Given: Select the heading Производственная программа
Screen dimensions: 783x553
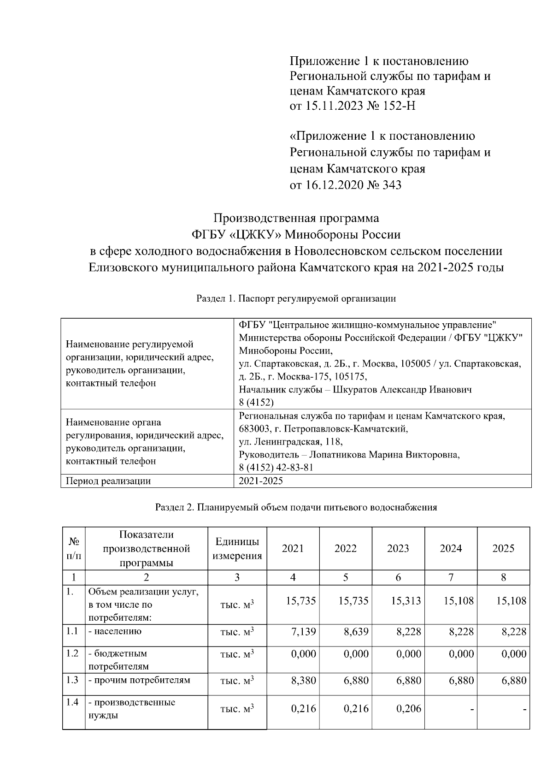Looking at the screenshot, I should pyautogui.click(x=296, y=218).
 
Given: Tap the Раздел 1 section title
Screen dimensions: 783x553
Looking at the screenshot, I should pyautogui.click(x=296, y=298).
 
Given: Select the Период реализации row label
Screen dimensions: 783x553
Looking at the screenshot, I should pyautogui.click(x=108, y=481).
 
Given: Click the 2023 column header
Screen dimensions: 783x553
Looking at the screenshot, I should pyautogui.click(x=398, y=548).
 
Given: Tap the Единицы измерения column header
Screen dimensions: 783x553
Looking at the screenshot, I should pyautogui.click(x=237, y=548).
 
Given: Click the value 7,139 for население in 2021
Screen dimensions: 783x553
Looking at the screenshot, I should pyautogui.click(x=303, y=631).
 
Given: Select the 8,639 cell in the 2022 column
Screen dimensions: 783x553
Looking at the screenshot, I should pyautogui.click(x=356, y=631).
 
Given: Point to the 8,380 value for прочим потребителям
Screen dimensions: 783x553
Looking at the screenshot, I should pyautogui.click(x=303, y=680).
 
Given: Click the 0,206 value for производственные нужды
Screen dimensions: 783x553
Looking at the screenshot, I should pyautogui.click(x=408, y=708).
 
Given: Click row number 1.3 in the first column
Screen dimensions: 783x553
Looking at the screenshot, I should pyautogui.click(x=72, y=680).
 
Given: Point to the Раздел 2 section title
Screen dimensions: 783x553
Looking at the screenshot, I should pyautogui.click(x=296, y=507).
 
